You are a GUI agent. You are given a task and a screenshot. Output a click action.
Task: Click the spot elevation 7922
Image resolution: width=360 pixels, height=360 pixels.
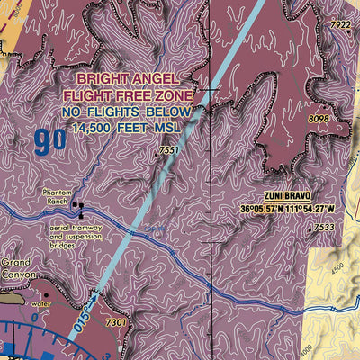coord(339,24)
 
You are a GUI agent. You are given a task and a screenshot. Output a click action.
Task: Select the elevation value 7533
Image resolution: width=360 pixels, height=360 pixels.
coord(326,229)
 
